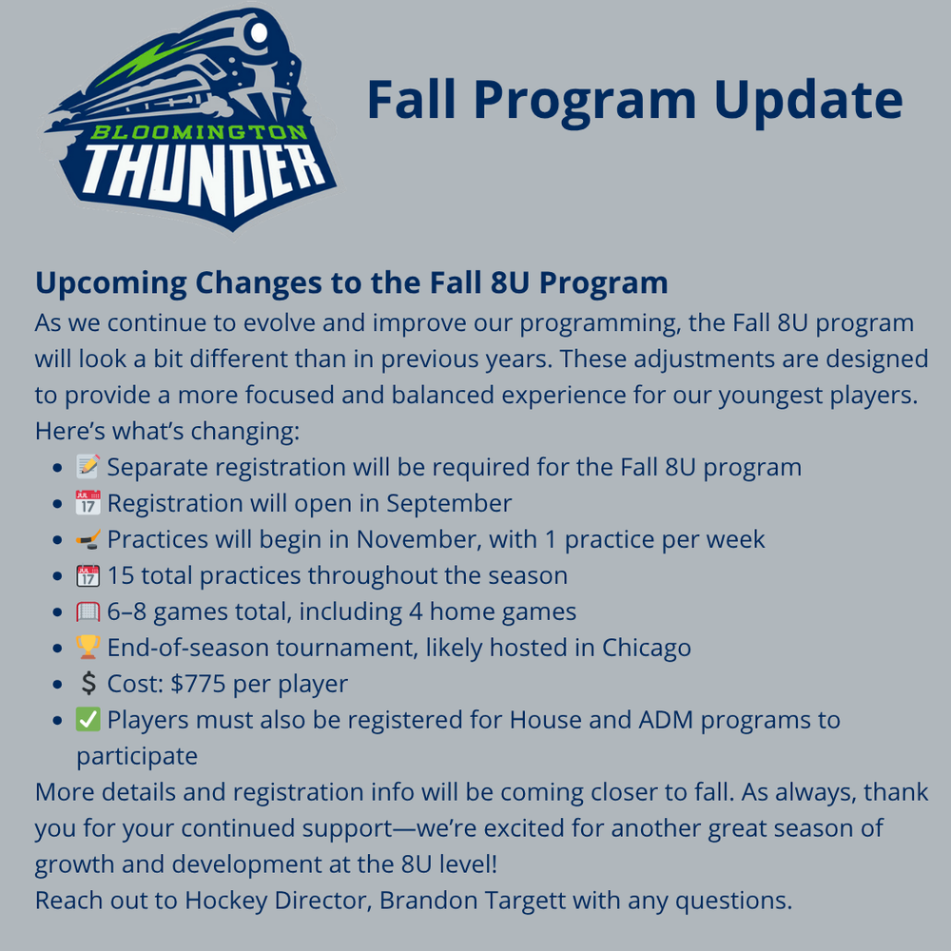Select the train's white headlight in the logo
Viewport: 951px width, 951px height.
[x=259, y=32]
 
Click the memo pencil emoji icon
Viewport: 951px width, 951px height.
[x=87, y=466]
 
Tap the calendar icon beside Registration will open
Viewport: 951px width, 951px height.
[x=87, y=503]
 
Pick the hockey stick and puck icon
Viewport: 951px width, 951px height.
[x=87, y=538]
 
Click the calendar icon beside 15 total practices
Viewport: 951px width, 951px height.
[x=87, y=575]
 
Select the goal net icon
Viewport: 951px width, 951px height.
[x=87, y=611]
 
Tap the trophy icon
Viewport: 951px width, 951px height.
[x=87, y=647]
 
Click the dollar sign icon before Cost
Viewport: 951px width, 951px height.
[x=88, y=684]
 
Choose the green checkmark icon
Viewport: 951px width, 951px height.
[x=87, y=719]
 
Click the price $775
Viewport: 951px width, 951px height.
[x=199, y=684]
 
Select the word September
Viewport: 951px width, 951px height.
[x=449, y=504]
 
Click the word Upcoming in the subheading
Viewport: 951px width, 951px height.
[x=110, y=283]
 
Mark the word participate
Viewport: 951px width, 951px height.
[x=137, y=757]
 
